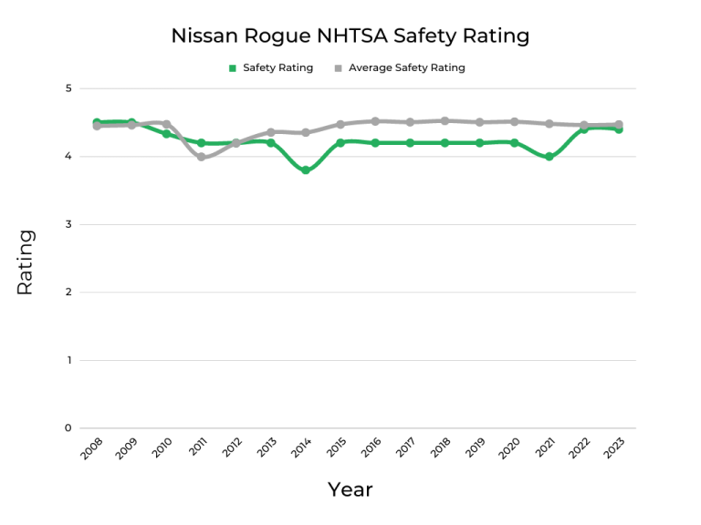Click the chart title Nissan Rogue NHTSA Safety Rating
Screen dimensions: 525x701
coord(350,36)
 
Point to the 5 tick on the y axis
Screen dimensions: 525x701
coord(68,88)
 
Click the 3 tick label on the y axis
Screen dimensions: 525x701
coord(68,224)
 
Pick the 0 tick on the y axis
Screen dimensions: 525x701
coord(68,428)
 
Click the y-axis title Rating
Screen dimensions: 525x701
coord(25,262)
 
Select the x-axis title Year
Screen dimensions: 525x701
coord(350,489)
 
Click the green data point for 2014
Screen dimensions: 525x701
coord(306,170)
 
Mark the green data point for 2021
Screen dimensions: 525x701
coord(549,157)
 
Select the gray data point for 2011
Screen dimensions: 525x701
coord(201,157)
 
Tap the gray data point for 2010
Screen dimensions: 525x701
coord(166,124)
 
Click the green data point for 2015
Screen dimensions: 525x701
coord(340,143)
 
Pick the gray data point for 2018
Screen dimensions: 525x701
coord(445,120)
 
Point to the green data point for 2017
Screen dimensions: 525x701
coord(410,143)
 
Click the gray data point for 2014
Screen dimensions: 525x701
coord(306,132)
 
